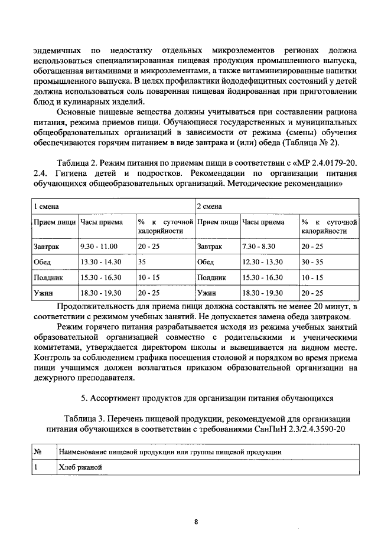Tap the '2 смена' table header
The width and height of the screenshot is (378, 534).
[208, 207]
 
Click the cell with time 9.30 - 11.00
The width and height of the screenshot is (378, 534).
[99, 246]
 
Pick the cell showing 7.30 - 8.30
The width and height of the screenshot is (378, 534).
[260, 246]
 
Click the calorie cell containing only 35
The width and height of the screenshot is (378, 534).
[142, 261]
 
